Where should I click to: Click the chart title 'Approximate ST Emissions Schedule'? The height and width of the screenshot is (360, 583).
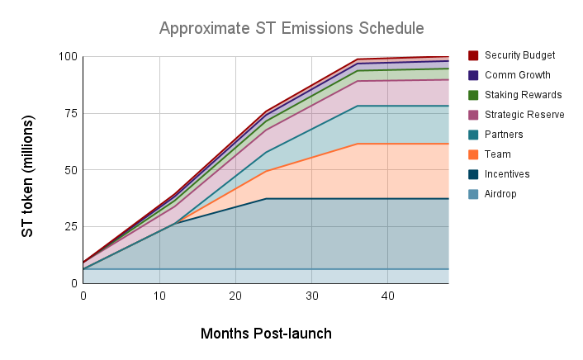tap(291, 28)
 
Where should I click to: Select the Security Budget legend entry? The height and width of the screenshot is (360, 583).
tap(519, 55)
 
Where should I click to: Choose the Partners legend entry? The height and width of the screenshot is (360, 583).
tap(504, 135)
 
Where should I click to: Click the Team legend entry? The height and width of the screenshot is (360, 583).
tap(497, 154)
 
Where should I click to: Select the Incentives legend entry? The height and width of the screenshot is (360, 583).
tap(507, 174)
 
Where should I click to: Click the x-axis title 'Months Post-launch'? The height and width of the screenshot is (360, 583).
tap(266, 334)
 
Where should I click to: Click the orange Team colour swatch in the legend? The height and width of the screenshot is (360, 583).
tap(474, 154)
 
